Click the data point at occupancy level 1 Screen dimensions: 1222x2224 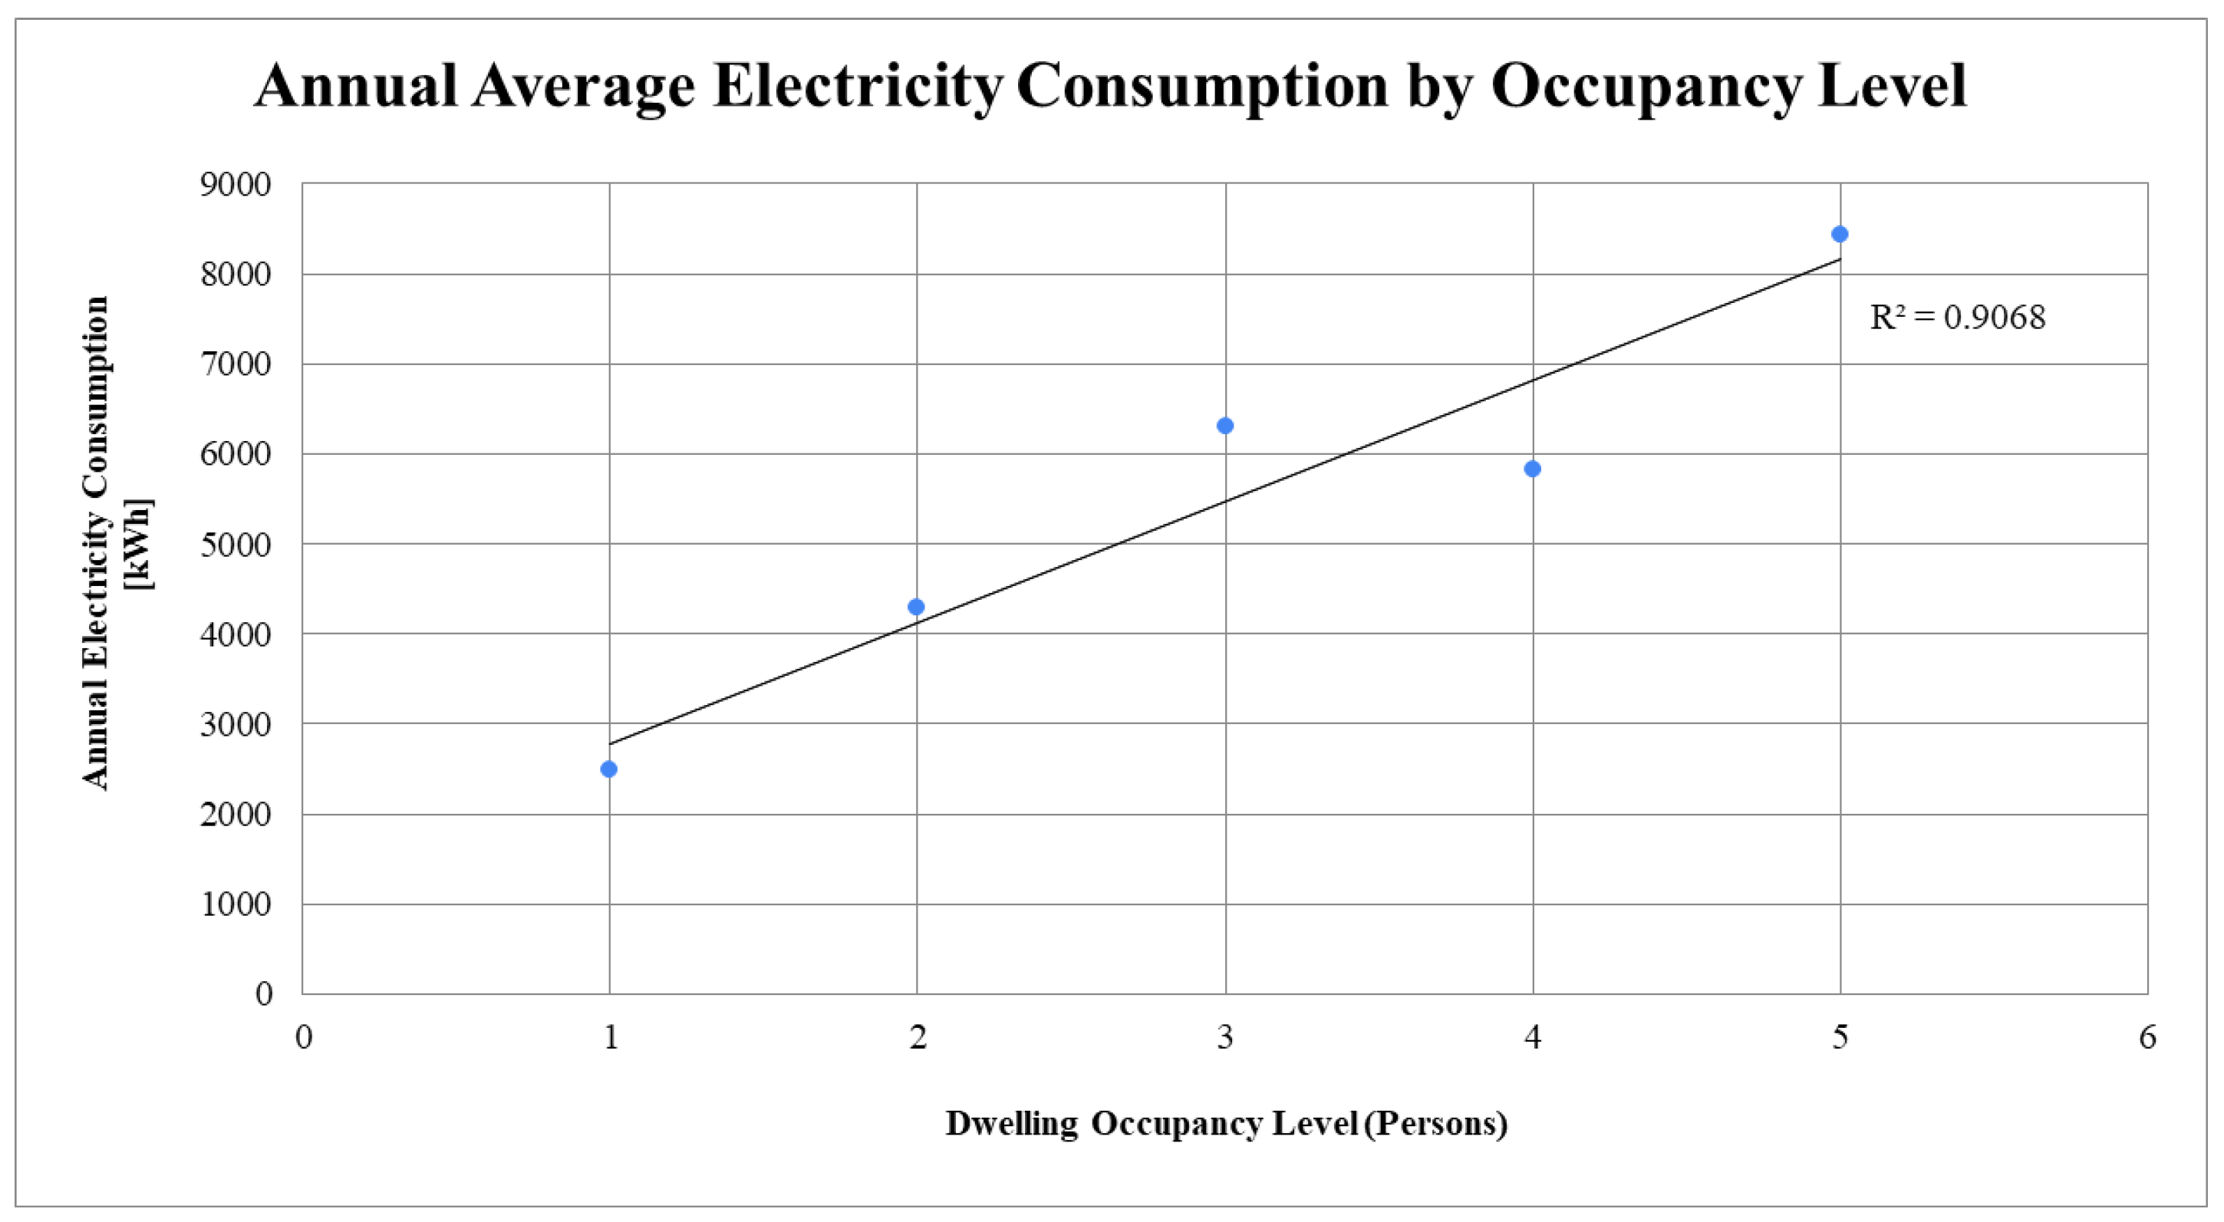click(608, 769)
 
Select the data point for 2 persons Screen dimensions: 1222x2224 click(916, 607)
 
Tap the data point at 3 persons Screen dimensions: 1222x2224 click(1225, 426)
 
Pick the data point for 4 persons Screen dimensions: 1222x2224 click(1533, 469)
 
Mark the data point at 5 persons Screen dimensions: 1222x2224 click(1840, 234)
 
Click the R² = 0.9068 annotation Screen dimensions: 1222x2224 click(1957, 318)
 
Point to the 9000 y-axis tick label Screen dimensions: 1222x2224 click(235, 185)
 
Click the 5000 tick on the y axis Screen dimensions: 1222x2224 click(235, 545)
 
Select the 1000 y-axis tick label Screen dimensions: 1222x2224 click(235, 904)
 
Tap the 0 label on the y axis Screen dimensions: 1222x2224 click(263, 994)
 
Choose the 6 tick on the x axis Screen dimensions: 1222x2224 click(2147, 1036)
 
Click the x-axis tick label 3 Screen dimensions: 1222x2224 click(1225, 1036)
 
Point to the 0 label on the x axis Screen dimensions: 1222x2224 click(303, 1036)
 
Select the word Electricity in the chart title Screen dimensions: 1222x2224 click(858, 86)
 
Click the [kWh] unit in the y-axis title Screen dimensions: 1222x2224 click(138, 544)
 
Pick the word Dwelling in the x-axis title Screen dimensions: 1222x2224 click(1011, 1124)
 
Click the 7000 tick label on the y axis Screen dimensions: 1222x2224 click(235, 364)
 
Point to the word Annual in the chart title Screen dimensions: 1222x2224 click(355, 86)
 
